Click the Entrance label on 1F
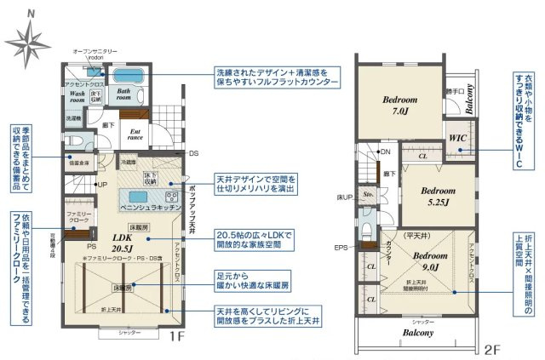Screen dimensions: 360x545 click(135, 134)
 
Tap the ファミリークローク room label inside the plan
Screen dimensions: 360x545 click(77, 216)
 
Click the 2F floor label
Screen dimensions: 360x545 click(490, 349)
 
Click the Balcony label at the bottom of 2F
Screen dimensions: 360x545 click(416, 333)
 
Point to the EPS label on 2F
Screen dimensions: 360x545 click(341, 248)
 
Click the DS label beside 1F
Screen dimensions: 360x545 click(193, 153)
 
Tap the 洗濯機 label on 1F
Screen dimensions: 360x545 click(73, 118)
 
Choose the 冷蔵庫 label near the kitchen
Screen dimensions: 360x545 click(128, 162)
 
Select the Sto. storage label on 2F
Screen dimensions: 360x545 click(368, 194)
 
